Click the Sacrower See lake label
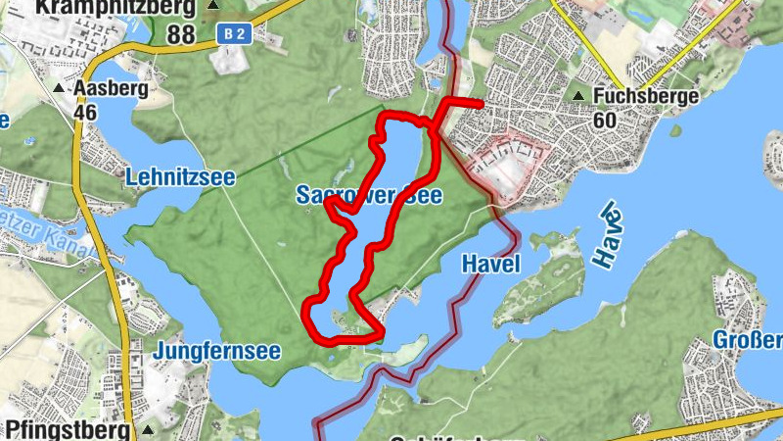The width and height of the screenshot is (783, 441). (369, 196)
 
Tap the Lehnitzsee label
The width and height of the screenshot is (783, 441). (180, 177)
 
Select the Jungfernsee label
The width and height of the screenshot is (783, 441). (217, 350)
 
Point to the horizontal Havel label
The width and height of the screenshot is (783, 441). (489, 265)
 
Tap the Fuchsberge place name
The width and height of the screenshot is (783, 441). (647, 96)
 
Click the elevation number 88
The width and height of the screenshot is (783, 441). (180, 34)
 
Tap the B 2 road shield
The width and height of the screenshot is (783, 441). (232, 34)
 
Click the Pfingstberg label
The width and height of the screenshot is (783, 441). (68, 430)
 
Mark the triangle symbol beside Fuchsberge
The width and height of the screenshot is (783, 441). (579, 96)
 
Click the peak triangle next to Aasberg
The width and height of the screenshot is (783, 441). (59, 88)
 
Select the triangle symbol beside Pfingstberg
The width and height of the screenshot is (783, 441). (148, 430)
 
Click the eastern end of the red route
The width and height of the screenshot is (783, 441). (482, 103)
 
